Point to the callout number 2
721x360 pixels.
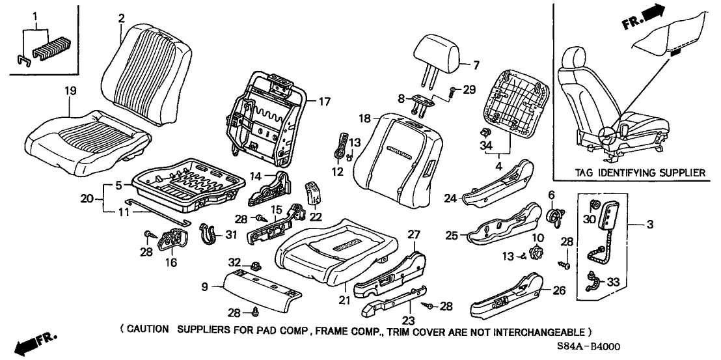tap(121, 18)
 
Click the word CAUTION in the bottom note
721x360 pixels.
tap(148, 331)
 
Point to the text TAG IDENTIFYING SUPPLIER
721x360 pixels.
tap(638, 173)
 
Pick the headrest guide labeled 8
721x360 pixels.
tap(422, 101)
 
